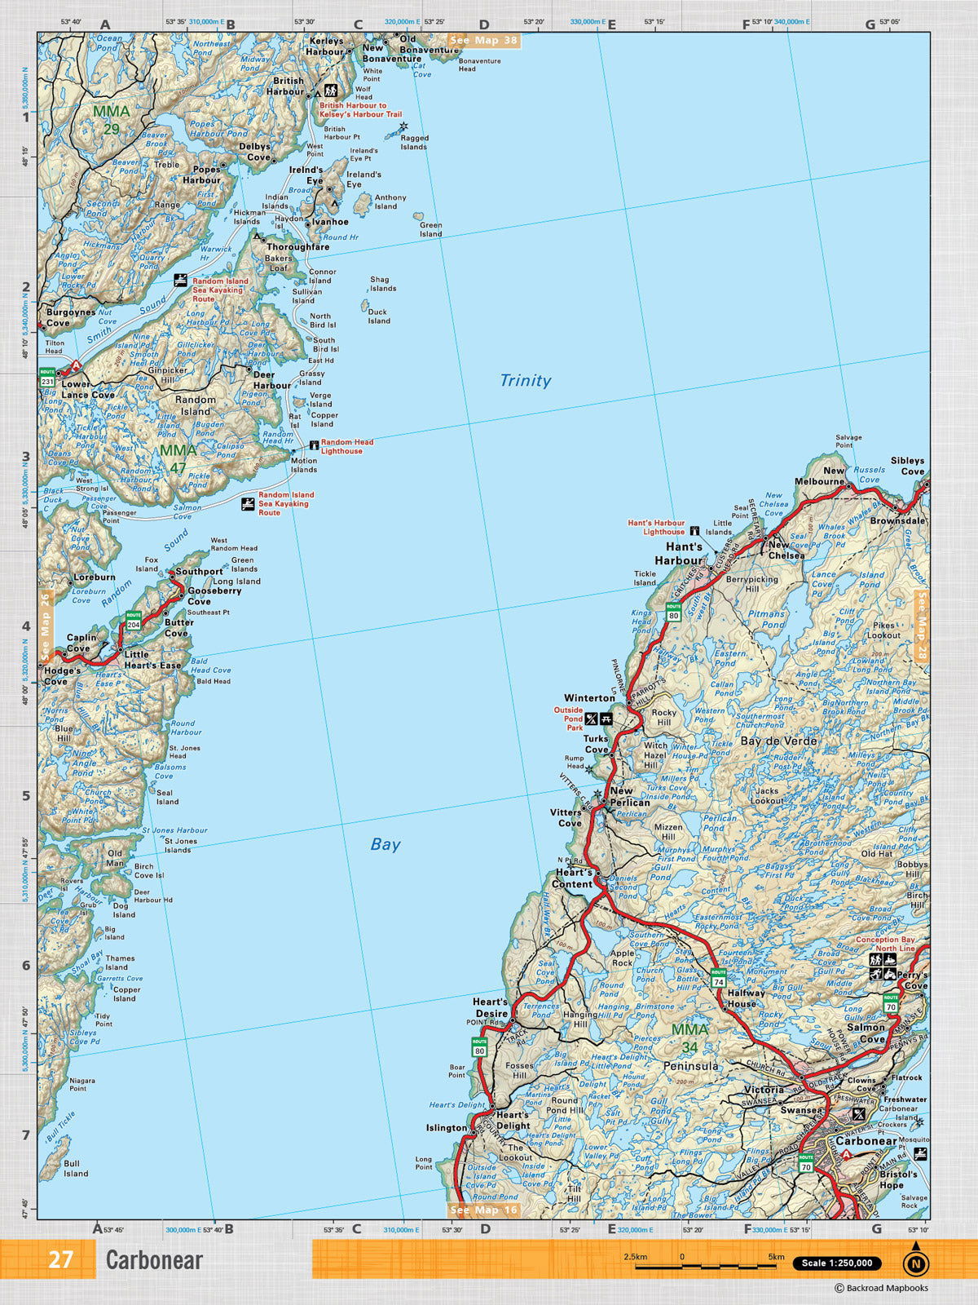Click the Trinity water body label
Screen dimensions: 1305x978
525,380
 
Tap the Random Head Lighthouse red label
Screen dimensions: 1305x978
346,446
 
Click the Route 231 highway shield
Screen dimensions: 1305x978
47,378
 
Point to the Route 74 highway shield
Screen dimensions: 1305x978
718,977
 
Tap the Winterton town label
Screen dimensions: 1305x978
589,698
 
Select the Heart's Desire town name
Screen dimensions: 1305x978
491,1007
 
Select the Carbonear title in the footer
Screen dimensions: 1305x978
154,1260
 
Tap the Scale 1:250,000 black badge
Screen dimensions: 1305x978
836,1263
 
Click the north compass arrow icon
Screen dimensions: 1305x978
915,1261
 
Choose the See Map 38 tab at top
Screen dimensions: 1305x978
483,40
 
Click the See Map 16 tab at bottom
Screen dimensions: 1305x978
484,1210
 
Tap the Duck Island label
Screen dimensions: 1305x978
378,316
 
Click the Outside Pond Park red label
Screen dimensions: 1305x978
568,719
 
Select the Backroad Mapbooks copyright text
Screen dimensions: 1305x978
881,1289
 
